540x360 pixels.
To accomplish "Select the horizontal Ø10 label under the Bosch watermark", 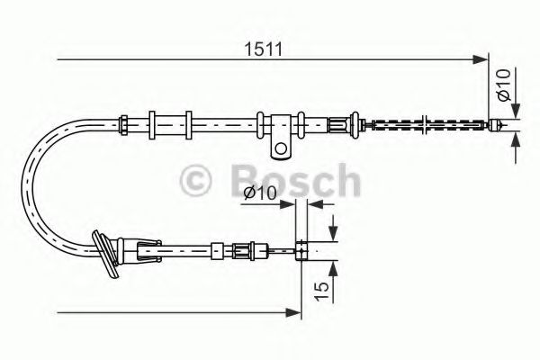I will coord(261,193).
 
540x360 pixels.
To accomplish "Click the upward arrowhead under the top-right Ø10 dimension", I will coord(516,139).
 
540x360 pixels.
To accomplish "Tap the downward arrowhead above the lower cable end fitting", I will coord(333,236).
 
